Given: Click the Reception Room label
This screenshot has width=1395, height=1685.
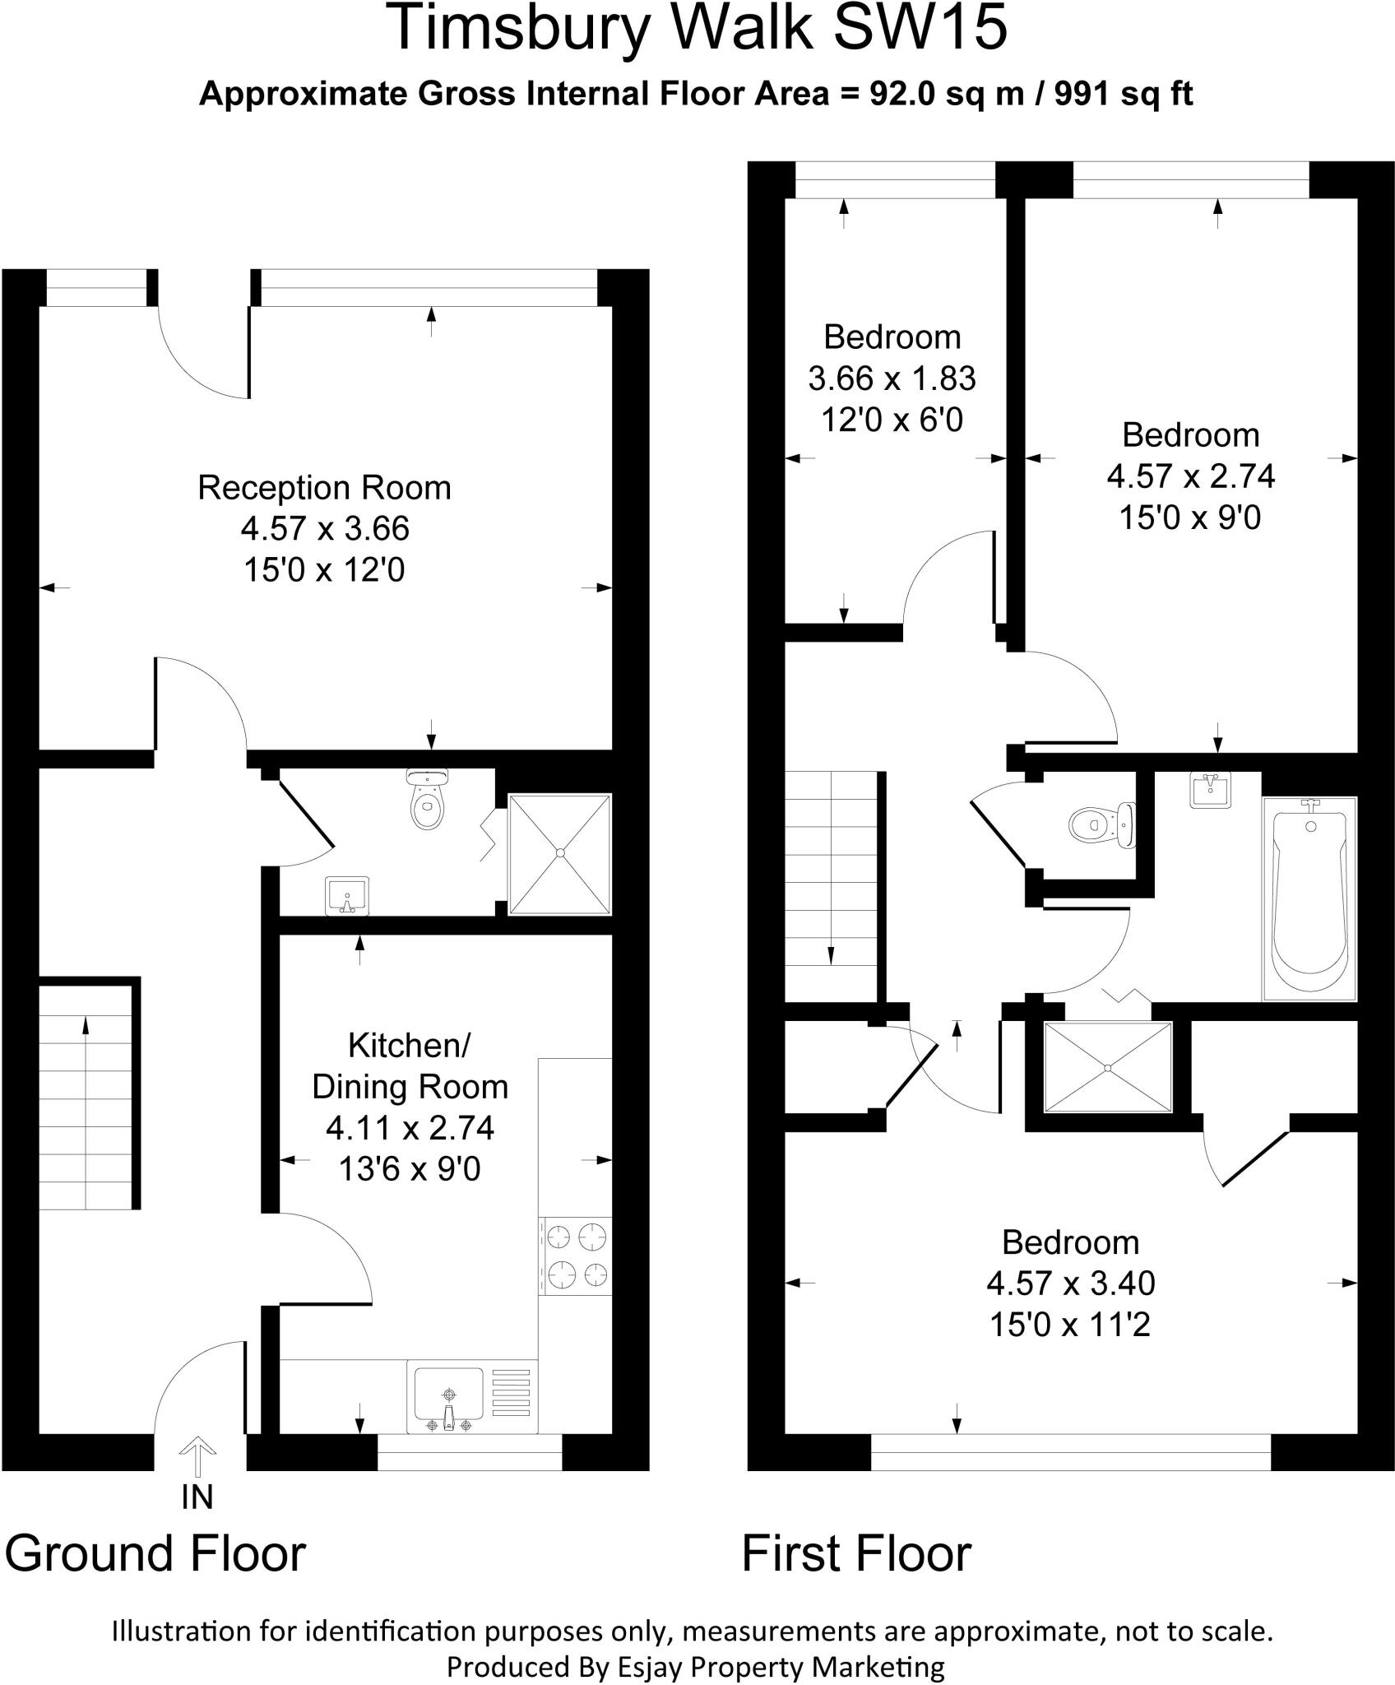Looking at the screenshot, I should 324,488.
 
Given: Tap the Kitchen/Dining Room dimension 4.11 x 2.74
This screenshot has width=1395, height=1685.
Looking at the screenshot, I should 410,1128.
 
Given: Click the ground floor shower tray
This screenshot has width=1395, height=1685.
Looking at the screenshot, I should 560,854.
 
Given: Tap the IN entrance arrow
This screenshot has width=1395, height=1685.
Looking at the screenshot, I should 197,1456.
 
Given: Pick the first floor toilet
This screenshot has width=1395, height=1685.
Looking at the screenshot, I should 1102,823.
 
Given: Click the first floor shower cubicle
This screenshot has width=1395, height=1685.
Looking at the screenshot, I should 1107,1067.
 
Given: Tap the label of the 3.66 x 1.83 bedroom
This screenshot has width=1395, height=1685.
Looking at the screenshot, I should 892,337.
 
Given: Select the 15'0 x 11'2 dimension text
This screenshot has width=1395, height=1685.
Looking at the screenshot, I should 1070,1325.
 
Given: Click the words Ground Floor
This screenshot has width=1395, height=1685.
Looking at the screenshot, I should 155,1554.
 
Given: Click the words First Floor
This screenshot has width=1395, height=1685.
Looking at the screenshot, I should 856,1554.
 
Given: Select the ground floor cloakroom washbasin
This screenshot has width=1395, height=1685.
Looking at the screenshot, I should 348,896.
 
